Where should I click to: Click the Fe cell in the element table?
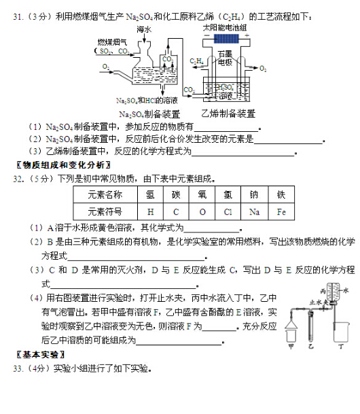coord(281,211)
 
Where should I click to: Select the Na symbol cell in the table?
coord(254,211)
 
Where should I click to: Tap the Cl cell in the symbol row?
coord(228,211)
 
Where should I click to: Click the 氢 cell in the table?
coord(150,194)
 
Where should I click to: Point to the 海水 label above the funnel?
coord(143,30)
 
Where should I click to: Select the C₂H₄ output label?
coord(197,62)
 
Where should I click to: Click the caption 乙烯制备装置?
coord(228,114)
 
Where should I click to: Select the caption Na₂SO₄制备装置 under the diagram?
coord(149,114)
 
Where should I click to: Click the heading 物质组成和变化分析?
coord(62,165)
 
